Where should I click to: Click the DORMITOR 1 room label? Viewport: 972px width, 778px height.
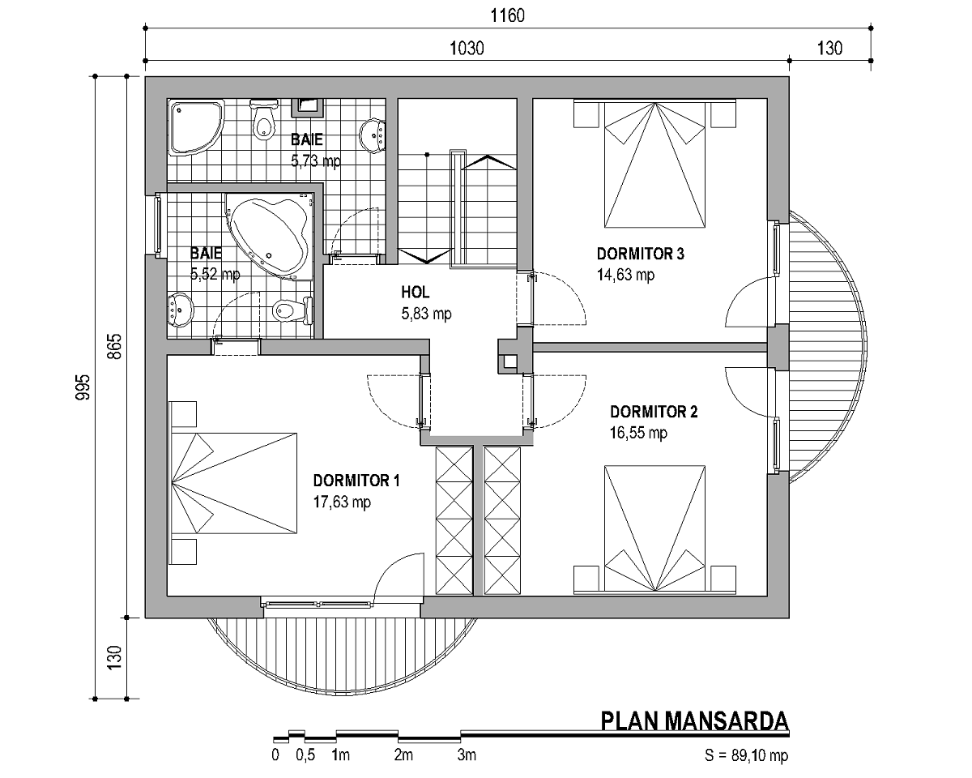click(356, 481)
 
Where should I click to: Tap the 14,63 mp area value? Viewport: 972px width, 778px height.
click(625, 275)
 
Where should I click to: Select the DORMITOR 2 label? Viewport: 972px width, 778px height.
click(654, 412)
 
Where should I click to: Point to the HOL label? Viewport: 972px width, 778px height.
click(415, 293)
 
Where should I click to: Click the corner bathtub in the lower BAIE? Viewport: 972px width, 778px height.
click(270, 237)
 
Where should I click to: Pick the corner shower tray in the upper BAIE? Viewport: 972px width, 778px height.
click(195, 127)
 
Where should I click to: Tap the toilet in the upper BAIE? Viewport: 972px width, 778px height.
click(263, 120)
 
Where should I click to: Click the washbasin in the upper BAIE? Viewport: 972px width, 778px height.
click(373, 135)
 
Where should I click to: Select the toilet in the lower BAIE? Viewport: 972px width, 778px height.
click(292, 310)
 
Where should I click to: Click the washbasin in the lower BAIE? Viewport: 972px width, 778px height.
click(180, 310)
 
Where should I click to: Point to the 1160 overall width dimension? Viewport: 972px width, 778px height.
click(508, 16)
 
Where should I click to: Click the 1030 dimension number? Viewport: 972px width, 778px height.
click(467, 49)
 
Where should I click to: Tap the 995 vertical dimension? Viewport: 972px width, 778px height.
click(83, 387)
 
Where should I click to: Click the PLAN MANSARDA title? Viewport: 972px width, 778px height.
click(695, 721)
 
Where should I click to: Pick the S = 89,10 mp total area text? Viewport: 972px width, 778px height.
click(746, 755)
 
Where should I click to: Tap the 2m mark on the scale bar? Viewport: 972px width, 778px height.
click(403, 754)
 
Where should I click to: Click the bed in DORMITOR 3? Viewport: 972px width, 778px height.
click(654, 165)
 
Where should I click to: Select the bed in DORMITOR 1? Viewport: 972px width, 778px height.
click(234, 483)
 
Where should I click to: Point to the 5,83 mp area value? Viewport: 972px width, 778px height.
click(426, 314)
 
